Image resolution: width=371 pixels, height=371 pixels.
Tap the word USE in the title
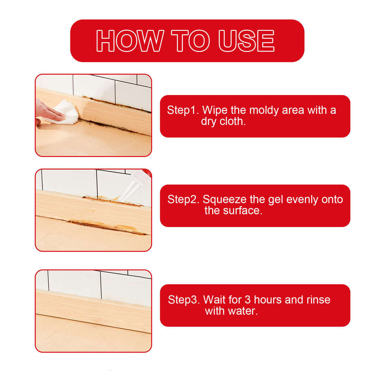point(246,41)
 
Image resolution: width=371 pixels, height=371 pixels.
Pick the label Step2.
point(183,200)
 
